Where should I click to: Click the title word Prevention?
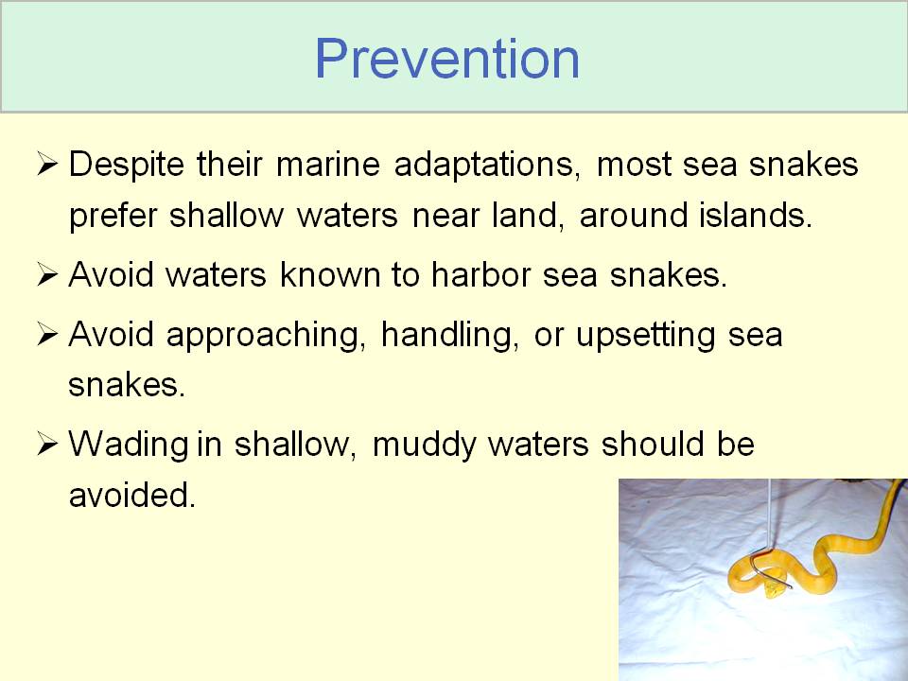(446, 59)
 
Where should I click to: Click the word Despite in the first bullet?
(126, 165)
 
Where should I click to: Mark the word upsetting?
(645, 336)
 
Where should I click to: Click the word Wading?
(129, 445)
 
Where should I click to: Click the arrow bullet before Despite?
(47, 164)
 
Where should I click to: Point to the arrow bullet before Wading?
(47, 445)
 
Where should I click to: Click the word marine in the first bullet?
(328, 164)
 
